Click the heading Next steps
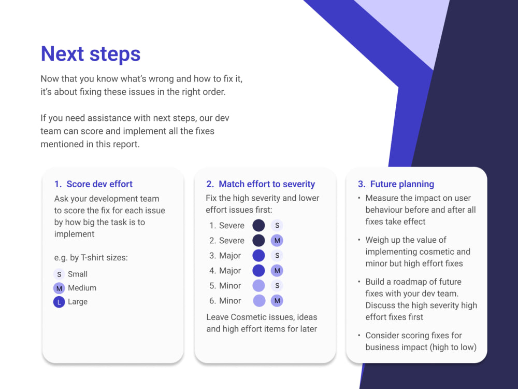tap(91, 54)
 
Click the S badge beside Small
tap(59, 274)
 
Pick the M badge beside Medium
tap(59, 288)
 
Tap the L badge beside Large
tap(59, 302)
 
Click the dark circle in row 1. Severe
tap(258, 226)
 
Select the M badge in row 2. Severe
tap(277, 241)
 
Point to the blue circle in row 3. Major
tap(258, 256)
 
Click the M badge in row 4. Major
tap(277, 271)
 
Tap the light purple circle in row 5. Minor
tap(258, 285)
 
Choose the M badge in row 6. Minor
tap(277, 301)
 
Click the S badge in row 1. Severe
tap(277, 226)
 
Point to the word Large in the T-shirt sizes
tap(78, 302)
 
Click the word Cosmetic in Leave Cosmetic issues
tap(246, 317)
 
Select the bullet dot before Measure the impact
tap(359, 198)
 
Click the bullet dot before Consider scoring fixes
tap(359, 335)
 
